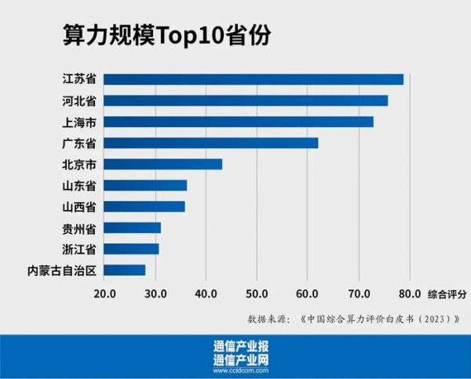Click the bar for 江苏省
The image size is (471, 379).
(254, 79)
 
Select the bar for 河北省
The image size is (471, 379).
(246, 100)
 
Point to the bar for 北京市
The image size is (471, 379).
(163, 164)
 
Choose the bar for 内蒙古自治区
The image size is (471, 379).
(125, 270)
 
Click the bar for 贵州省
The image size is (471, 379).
(133, 228)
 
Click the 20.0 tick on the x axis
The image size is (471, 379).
(104, 293)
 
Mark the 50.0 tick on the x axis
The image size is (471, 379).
(257, 293)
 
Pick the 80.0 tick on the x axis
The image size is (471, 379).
(409, 293)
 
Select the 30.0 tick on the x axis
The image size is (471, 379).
(155, 293)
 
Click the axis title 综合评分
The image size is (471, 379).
(447, 293)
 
